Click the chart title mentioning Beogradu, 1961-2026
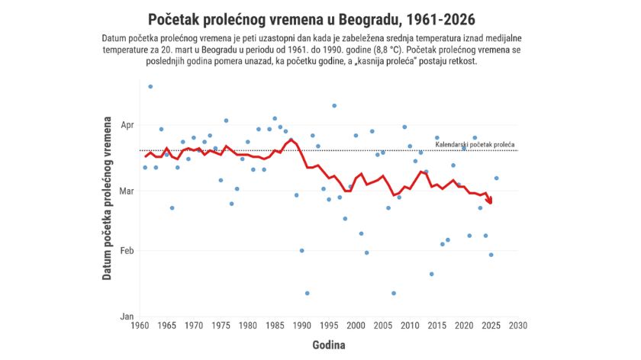320,18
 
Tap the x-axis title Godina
328,345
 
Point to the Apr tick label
127,124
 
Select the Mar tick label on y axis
127,191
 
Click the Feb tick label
127,251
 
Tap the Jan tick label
127,316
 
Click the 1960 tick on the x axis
140,326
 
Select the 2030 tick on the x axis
518,326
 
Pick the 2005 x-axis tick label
383,326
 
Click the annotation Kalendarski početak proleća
475,144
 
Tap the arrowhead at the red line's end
490,201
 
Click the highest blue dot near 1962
150,87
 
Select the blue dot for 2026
497,178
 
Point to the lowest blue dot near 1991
308,293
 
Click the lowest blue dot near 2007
394,293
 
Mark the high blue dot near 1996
334,106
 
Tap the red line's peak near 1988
291,140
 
